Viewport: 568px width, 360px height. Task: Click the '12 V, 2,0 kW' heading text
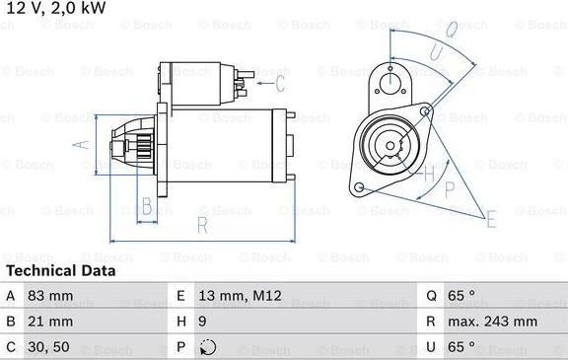coord(55,9)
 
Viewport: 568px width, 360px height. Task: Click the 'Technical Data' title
coord(60,270)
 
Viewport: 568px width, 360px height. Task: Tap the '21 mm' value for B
coord(55,322)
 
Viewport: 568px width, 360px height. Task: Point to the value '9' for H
coord(203,322)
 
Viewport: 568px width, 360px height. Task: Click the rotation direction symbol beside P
coord(206,347)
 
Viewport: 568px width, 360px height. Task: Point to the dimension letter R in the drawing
coord(200,226)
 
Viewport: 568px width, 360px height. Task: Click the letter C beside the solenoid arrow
coord(280,82)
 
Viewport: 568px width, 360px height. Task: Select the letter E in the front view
coord(491,218)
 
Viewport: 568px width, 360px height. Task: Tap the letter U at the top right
coord(452,29)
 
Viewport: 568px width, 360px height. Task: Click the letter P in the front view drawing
coord(450,186)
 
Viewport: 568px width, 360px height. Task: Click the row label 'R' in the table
coord(431,322)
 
